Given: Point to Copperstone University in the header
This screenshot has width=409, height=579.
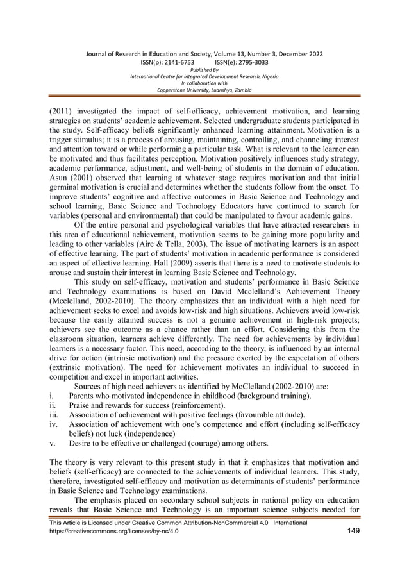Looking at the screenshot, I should coord(186,90).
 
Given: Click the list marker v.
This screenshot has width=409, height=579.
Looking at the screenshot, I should coord(53,443).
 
